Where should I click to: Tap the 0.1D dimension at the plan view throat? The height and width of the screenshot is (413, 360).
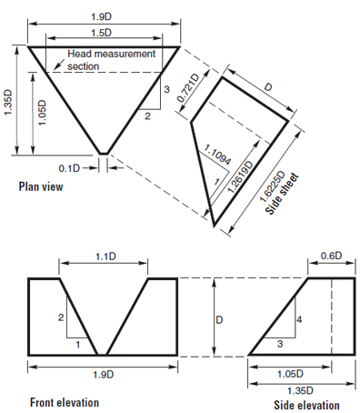94,167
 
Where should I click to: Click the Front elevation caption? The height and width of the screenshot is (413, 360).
65,402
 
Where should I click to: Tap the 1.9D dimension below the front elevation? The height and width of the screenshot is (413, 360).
103,374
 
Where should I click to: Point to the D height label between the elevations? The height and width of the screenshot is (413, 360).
217,321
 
